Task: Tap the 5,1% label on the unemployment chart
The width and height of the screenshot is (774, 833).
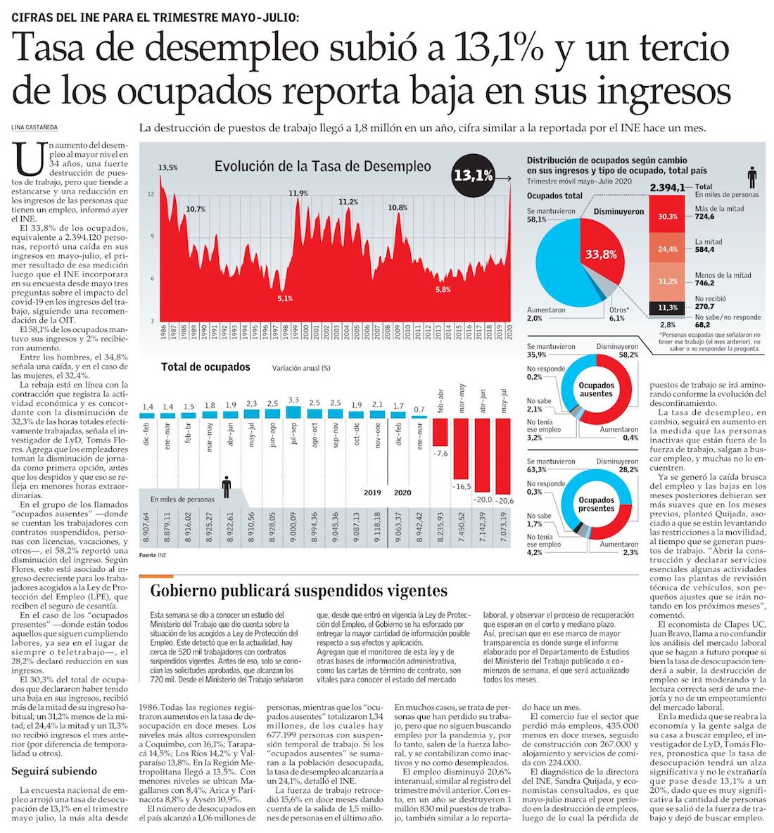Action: coord(284,298)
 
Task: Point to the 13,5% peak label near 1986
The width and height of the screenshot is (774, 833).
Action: coord(167,167)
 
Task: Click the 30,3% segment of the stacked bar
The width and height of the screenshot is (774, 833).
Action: coord(668,216)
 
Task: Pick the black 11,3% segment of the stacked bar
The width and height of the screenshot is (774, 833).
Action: coord(668,307)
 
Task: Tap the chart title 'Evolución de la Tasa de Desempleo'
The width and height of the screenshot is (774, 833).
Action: coord(322,167)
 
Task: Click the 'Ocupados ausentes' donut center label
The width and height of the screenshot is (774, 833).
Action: coord(596,390)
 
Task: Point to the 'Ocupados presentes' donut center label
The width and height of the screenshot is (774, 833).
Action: coord(596,504)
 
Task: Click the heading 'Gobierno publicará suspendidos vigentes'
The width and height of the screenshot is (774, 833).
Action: coord(299,590)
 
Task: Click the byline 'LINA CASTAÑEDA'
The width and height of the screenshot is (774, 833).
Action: coord(34,127)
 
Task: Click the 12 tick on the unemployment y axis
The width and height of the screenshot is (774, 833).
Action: coord(151,194)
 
